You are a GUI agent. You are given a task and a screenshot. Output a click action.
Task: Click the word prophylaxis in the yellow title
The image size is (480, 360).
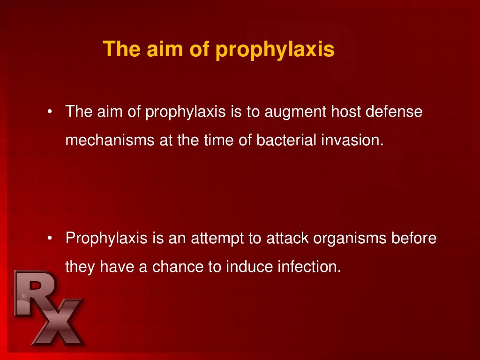tap(275, 50)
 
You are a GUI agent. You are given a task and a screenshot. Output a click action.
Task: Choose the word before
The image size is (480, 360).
tap(415, 239)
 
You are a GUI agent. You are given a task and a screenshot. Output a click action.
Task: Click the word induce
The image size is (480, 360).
tap(249, 267)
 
